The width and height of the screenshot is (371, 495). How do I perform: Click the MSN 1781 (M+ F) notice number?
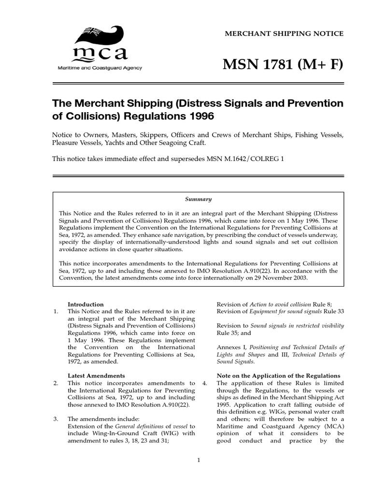(283, 63)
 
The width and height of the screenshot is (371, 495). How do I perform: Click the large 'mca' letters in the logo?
(100, 54)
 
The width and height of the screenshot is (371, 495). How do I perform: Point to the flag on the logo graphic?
(90, 32)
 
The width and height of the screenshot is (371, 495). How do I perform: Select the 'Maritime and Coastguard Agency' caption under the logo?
(100, 68)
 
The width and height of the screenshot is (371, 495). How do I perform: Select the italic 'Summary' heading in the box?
(199, 199)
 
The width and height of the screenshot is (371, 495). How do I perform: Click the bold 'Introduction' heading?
(86, 304)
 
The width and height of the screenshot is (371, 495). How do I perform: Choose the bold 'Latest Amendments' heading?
(96, 375)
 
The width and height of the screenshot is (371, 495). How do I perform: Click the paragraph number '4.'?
(205, 383)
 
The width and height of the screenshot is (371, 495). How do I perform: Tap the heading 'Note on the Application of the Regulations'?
(278, 376)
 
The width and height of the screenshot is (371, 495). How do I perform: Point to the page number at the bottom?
(199, 460)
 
